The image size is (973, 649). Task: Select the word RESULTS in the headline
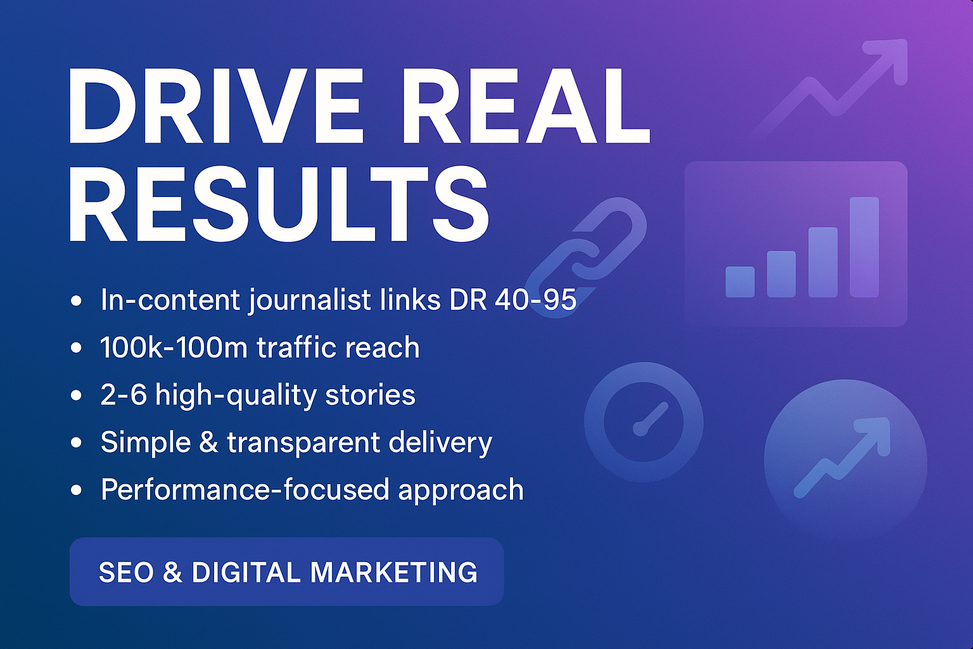point(279,204)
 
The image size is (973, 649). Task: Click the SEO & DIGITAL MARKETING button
point(287,572)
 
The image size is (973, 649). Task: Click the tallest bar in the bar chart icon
point(865,247)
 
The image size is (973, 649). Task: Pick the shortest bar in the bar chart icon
point(740,281)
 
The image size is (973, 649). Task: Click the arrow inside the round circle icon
point(842,457)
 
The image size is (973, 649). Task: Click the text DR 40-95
point(513,300)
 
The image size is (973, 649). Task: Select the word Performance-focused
point(245,489)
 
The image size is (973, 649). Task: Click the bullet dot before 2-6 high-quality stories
point(76,395)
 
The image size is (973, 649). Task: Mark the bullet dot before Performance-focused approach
point(76,490)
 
